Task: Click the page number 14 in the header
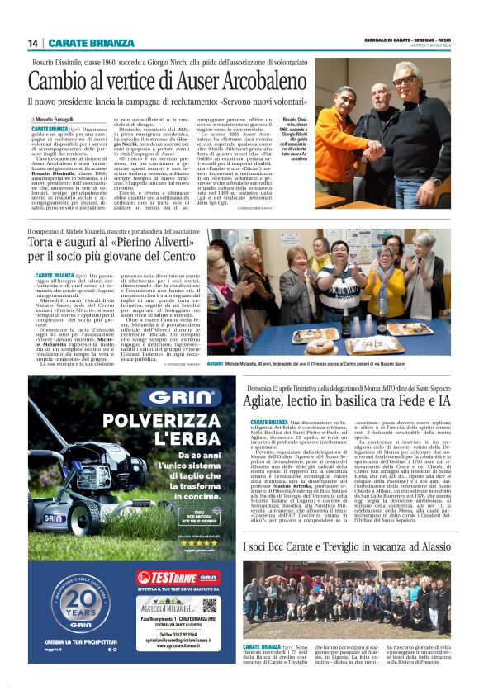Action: (33, 43)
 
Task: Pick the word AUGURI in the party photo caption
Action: (215, 362)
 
